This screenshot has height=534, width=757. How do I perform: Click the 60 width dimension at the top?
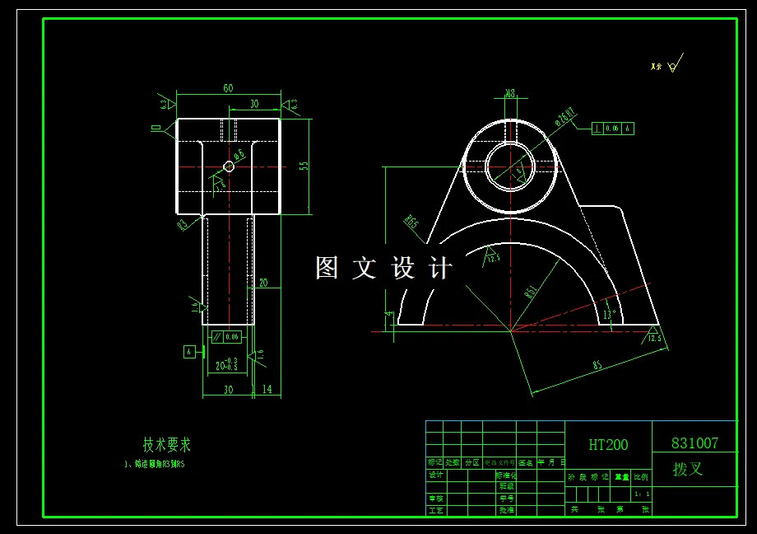[x=228, y=88]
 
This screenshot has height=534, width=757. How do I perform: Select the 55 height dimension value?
[x=304, y=166]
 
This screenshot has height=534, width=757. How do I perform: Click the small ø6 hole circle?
[x=229, y=166]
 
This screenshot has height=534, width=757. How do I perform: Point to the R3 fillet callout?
[x=183, y=222]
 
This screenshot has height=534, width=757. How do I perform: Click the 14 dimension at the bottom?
[x=267, y=389]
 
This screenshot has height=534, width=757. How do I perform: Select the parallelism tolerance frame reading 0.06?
[x=225, y=336]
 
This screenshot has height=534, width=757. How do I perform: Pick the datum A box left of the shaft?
[x=189, y=352]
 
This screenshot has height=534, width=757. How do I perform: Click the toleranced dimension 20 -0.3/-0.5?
[x=226, y=364]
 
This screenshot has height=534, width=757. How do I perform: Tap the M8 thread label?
[x=510, y=93]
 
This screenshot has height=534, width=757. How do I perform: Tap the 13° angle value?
[x=609, y=314]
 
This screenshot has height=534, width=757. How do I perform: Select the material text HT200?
[x=608, y=445]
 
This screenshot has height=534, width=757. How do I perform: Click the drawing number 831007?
[x=694, y=443]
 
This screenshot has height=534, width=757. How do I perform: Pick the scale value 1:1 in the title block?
[x=642, y=494]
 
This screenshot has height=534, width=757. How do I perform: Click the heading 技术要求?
[x=167, y=445]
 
